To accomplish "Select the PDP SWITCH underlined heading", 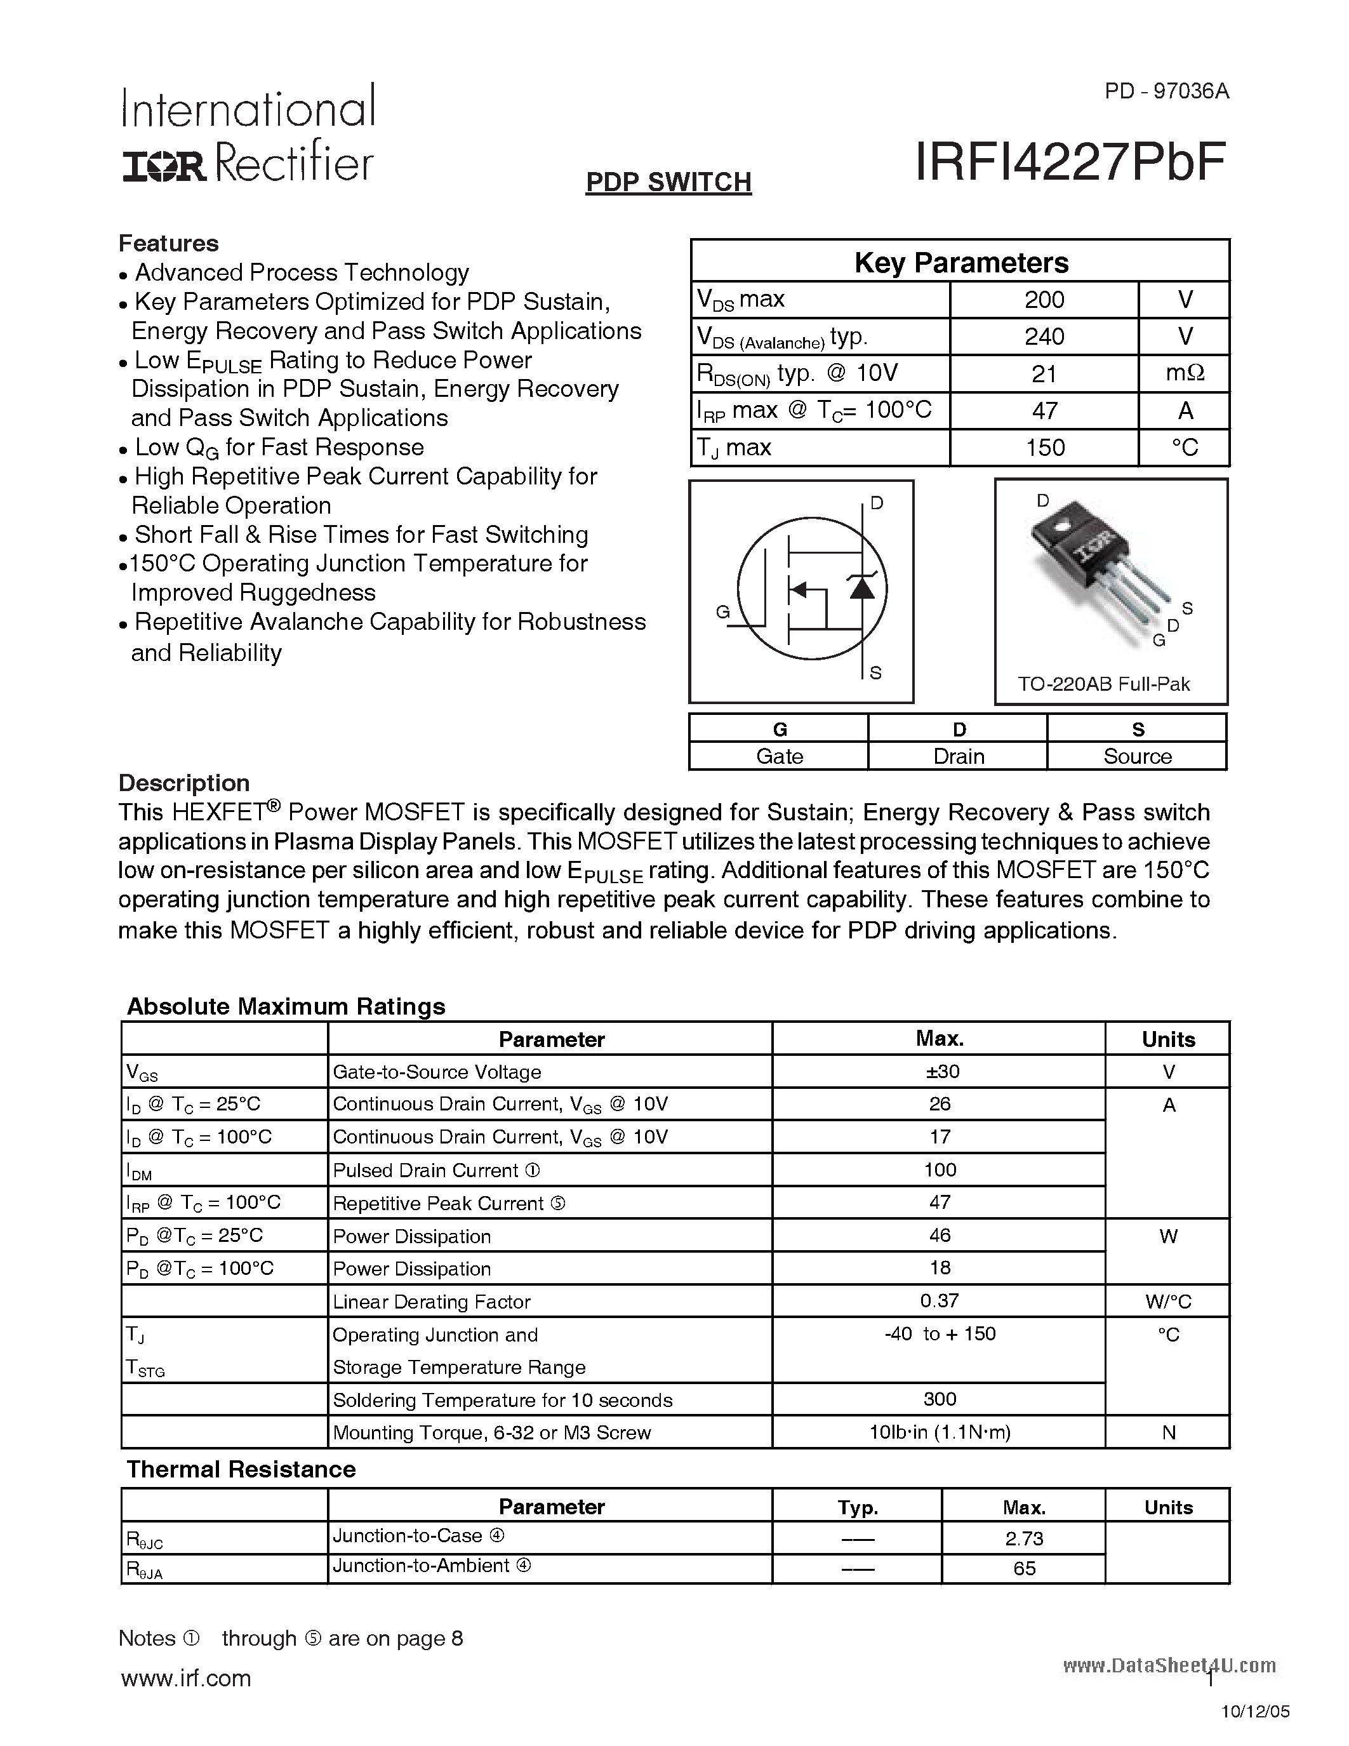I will [668, 182].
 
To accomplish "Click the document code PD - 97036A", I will [1167, 91].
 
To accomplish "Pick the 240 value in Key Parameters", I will [1044, 337].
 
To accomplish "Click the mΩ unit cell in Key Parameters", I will [1185, 373].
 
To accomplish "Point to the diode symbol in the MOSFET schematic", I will [861, 587].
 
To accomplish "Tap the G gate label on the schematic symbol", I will [722, 613].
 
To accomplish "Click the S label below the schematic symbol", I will [875, 673].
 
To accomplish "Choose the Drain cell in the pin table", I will [958, 756].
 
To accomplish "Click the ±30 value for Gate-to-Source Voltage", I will [940, 1071].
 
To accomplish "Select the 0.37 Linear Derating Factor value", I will [939, 1301].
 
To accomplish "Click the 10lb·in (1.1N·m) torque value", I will [940, 1432].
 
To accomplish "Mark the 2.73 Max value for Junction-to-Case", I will [1024, 1538].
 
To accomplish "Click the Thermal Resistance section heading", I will [241, 1469].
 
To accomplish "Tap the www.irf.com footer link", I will [185, 1678].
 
